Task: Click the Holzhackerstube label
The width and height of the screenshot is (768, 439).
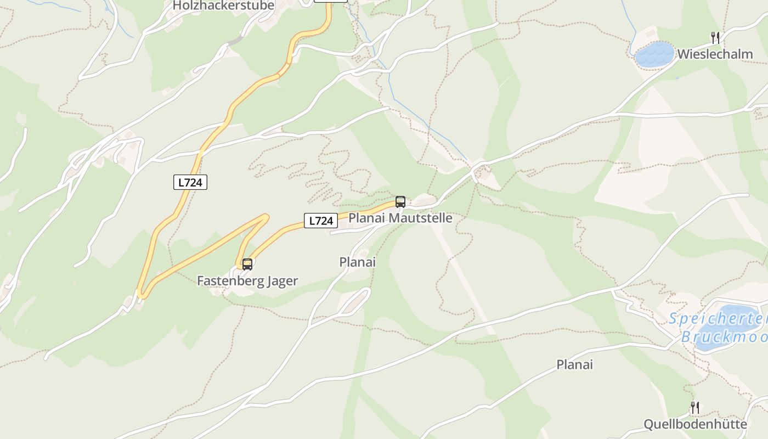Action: (x=223, y=6)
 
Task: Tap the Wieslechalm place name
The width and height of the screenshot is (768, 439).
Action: (x=715, y=54)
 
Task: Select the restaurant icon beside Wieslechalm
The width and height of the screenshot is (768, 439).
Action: (x=715, y=37)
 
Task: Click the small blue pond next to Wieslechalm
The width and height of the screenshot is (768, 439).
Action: (x=654, y=55)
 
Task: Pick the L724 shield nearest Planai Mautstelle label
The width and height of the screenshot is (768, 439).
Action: (x=321, y=221)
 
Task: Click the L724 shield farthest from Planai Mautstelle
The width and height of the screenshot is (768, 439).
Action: (x=190, y=183)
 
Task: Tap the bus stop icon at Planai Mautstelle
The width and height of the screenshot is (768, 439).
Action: (x=400, y=201)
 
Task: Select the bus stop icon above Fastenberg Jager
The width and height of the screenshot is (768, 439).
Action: (x=247, y=264)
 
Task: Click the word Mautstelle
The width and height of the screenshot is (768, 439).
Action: (x=421, y=218)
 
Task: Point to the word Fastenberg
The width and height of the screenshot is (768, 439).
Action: (x=230, y=281)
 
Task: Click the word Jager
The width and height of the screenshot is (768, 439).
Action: (x=283, y=281)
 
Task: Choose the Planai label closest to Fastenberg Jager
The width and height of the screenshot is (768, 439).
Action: (x=358, y=262)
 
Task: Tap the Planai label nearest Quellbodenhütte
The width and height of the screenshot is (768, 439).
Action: (x=575, y=364)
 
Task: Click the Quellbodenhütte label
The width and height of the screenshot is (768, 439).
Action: (x=695, y=424)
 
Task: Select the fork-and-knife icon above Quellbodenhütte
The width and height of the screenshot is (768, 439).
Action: (x=695, y=408)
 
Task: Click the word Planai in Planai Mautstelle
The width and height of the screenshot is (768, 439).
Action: (x=367, y=218)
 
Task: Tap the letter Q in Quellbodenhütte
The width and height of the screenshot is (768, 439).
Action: (x=648, y=424)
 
